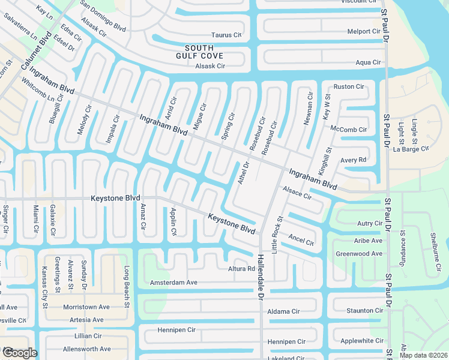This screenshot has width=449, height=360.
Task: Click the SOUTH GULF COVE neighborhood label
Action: [x=204, y=52]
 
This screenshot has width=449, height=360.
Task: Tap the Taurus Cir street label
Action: [x=226, y=35]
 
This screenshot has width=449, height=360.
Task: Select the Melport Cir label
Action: [x=364, y=31]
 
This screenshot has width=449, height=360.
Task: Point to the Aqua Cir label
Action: [x=368, y=62]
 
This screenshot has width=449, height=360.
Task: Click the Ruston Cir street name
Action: [x=349, y=87]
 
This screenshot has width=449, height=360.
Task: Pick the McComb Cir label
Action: [x=348, y=129]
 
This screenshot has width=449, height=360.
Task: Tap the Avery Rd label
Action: [x=353, y=160]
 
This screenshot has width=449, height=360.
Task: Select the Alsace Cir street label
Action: [x=297, y=192]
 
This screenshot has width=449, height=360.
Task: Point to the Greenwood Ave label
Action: [x=359, y=254]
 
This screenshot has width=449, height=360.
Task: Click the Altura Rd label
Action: [x=241, y=269]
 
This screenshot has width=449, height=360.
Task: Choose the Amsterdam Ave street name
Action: [x=173, y=282]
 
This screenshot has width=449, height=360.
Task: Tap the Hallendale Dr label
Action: [x=261, y=273]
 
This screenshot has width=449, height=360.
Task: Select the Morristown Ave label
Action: [x=88, y=307]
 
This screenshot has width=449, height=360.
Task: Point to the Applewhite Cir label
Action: [x=361, y=341]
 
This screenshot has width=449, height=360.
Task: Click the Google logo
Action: [x=20, y=353]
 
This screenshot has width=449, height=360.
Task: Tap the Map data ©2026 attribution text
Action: [x=424, y=355]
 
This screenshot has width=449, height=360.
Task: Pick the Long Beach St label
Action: [x=127, y=287]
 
